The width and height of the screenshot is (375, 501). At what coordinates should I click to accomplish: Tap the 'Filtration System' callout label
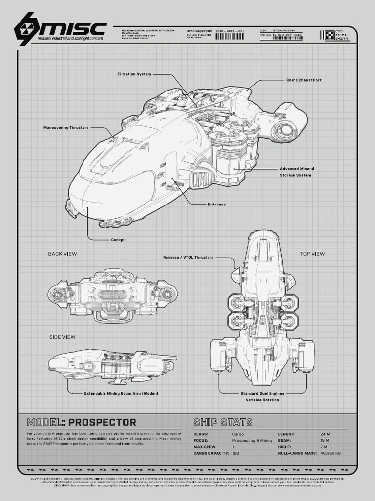pyautogui.click(x=134, y=74)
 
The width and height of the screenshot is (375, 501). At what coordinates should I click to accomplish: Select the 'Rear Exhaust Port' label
pyautogui.click(x=304, y=80)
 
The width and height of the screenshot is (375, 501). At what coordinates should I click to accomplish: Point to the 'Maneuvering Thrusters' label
pyautogui.click(x=66, y=128)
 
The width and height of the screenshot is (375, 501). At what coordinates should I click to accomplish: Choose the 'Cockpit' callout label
pyautogui.click(x=118, y=240)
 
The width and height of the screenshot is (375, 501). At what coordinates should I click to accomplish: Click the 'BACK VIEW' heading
pyautogui.click(x=62, y=254)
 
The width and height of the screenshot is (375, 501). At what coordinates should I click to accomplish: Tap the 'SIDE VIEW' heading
pyautogui.click(x=62, y=337)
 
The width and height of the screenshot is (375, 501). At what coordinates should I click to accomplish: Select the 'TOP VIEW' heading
pyautogui.click(x=312, y=254)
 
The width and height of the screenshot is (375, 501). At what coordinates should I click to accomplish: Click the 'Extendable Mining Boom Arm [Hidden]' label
pyautogui.click(x=121, y=393)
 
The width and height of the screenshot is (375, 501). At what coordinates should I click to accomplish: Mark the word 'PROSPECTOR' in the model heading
pyautogui.click(x=103, y=422)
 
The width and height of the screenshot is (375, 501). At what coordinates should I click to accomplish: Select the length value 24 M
pyautogui.click(x=325, y=434)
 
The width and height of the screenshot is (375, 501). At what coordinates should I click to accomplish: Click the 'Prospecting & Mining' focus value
pyautogui.click(x=252, y=440)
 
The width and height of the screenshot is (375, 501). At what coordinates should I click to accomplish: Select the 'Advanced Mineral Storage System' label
pyautogui.click(x=297, y=172)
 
